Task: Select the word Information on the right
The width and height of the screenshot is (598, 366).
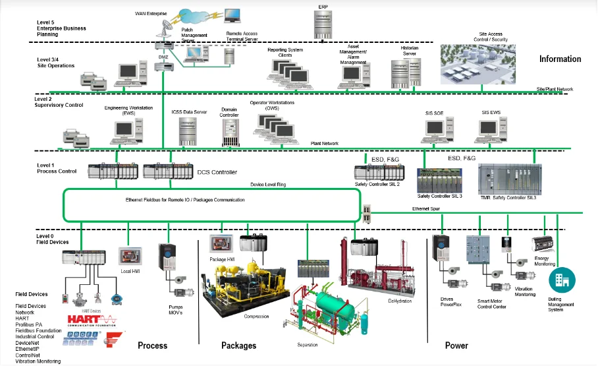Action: (560, 59)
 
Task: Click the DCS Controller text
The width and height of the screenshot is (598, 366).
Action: (217, 172)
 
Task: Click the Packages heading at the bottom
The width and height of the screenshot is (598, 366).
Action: (238, 346)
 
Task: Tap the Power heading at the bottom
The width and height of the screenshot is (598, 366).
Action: (456, 346)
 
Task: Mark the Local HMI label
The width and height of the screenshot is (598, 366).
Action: (130, 270)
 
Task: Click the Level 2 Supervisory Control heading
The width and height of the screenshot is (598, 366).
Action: (59, 102)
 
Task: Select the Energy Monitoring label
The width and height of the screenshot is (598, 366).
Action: (544, 261)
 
